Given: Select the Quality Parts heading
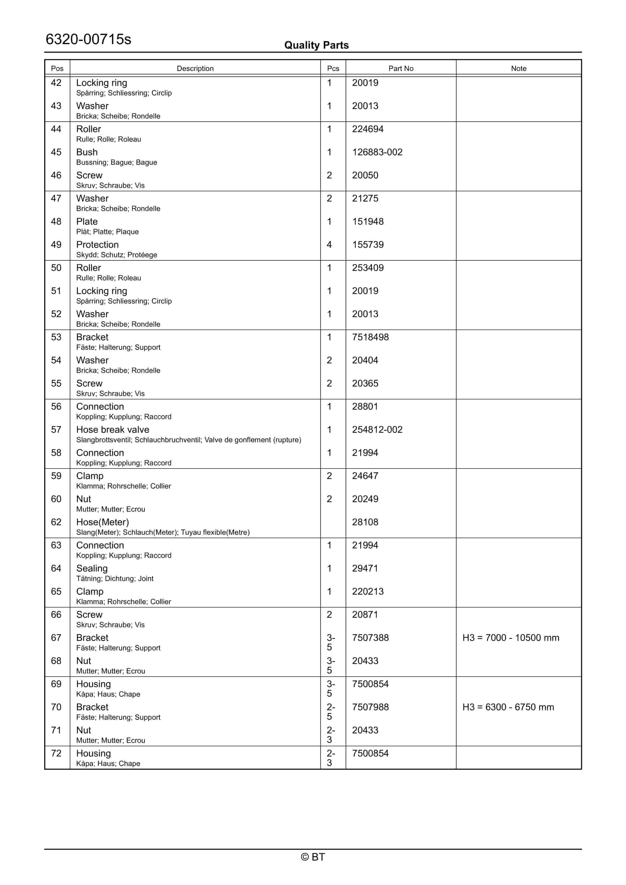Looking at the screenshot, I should click(316, 45).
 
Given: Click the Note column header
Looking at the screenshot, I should click(518, 68).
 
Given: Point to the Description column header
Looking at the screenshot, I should click(195, 68).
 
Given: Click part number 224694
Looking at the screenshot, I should click(367, 129).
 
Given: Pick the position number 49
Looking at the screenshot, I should click(56, 244).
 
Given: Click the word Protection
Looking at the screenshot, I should click(97, 244).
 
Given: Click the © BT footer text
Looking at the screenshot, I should click(313, 857).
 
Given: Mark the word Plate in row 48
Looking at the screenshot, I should click(87, 221).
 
